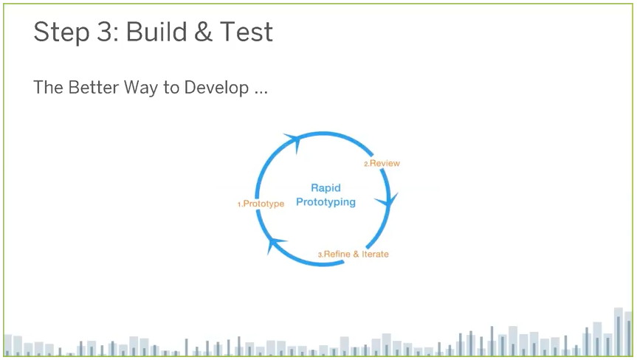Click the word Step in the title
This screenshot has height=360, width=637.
[58, 32]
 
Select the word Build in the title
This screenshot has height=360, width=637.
[152, 32]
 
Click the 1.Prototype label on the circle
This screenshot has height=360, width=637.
[261, 204]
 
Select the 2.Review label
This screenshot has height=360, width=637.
[382, 163]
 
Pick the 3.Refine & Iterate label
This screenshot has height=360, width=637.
[353, 255]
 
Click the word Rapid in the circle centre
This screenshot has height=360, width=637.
[326, 188]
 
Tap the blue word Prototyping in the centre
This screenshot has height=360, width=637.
[326, 202]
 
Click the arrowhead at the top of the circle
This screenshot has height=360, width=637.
[292, 139]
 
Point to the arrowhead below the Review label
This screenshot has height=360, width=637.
[391, 200]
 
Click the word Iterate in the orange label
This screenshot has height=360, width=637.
[375, 255]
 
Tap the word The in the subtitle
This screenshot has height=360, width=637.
[48, 87]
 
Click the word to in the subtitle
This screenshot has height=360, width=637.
[171, 88]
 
